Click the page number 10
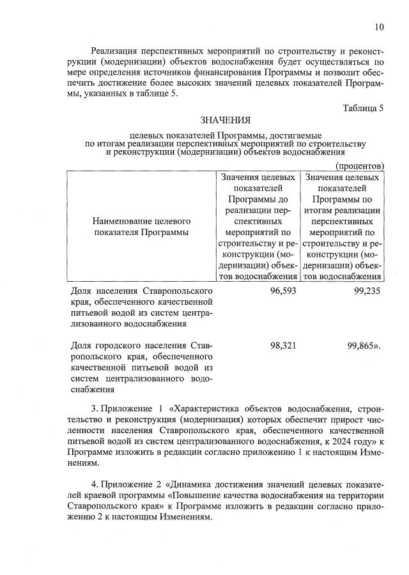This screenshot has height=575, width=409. tap(379, 27)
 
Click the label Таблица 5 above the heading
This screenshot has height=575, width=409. tap(362, 107)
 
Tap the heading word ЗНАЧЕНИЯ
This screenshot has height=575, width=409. tap(226, 120)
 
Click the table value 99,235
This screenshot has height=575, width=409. tap(366, 290)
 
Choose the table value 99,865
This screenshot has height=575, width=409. tap(363, 345)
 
